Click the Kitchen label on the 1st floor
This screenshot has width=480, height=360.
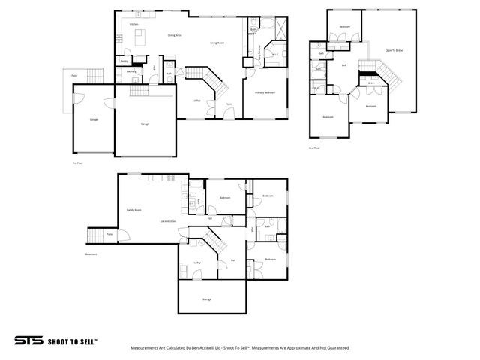pyautogui.click(x=133, y=25)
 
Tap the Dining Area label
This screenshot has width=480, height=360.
pyautogui.click(x=175, y=35)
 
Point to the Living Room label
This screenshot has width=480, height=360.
pyautogui.click(x=217, y=43)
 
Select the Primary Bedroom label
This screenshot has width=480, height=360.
pyautogui.click(x=265, y=92)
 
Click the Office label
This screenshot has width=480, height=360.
pyautogui.click(x=196, y=100)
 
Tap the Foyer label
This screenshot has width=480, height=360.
pyautogui.click(x=229, y=104)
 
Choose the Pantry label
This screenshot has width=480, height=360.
pyautogui.click(x=124, y=61)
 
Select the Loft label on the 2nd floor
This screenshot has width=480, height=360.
pyautogui.click(x=344, y=65)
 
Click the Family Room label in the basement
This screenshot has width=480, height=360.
pyautogui.click(x=133, y=210)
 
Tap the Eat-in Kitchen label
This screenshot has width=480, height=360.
pyautogui.click(x=167, y=221)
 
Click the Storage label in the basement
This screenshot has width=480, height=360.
pyautogui.click(x=206, y=299)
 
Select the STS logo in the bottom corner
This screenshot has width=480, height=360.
pyautogui.click(x=28, y=340)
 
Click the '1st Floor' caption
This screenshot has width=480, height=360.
pyautogui.click(x=77, y=162)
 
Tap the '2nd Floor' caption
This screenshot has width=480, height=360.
pyautogui.click(x=313, y=148)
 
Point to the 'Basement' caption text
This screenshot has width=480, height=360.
pyautogui.click(x=91, y=253)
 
